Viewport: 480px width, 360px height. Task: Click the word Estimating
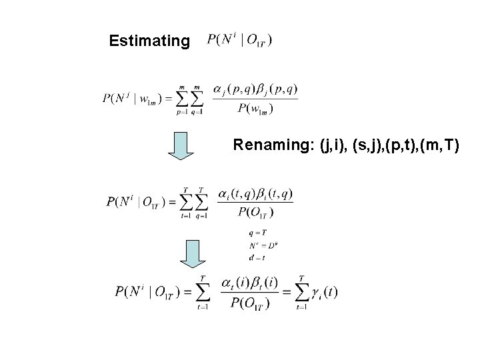pos(149,41)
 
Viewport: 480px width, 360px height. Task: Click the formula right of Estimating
pos(239,41)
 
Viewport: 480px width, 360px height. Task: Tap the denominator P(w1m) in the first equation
pos(255,109)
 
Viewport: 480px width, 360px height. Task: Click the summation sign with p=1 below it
pos(181,100)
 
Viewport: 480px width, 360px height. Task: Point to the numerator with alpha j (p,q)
pos(255,89)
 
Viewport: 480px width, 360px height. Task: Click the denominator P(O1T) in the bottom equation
pos(246,304)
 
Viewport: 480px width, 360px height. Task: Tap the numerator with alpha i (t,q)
pos(255,194)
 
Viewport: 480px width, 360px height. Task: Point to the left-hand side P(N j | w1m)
pos(134,99)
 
